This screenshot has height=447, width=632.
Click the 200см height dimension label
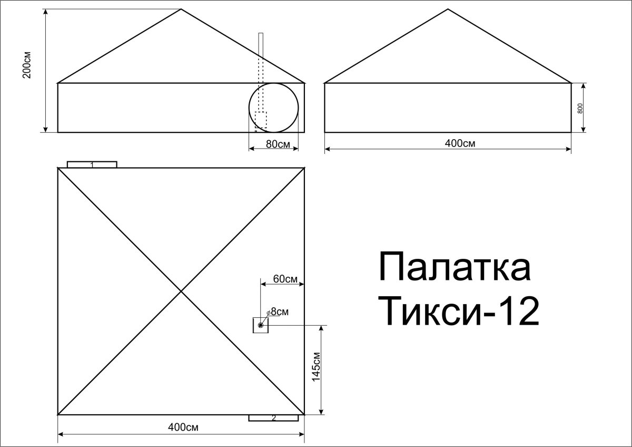click(27, 65)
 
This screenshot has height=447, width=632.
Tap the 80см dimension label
click(278, 144)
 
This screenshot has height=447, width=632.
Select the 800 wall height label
click(580, 109)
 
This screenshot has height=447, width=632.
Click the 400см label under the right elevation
click(460, 143)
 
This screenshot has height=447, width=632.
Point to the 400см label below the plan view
click(183, 427)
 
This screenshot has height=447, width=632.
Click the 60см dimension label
click(285, 279)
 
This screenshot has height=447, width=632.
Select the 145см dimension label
click(317, 367)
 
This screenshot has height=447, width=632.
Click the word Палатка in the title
click(455, 267)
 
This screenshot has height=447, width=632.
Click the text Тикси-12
click(462, 311)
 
